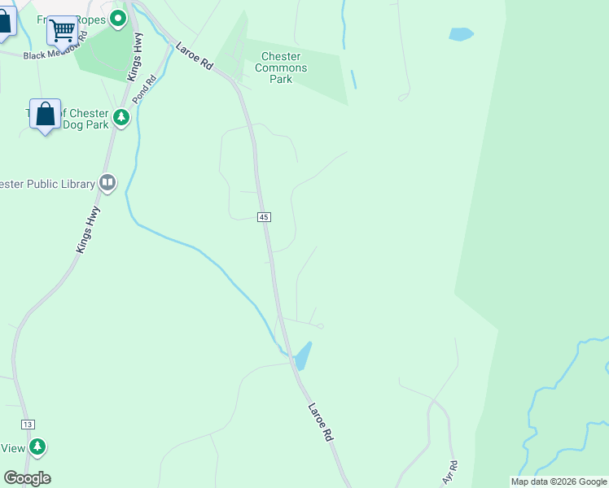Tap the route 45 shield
coord(264,217)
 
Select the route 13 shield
coord(28,425)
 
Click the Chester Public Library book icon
coord(107,183)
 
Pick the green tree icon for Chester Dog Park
coord(121,119)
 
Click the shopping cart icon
coord(62,31)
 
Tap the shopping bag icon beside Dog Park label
coord(46,115)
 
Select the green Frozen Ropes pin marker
coord(119,17)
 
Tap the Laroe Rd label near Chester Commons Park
coord(194,55)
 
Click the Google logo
coord(27,478)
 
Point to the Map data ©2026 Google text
coord(559,481)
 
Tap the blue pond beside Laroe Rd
coord(302,355)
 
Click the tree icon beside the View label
coord(37,447)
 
